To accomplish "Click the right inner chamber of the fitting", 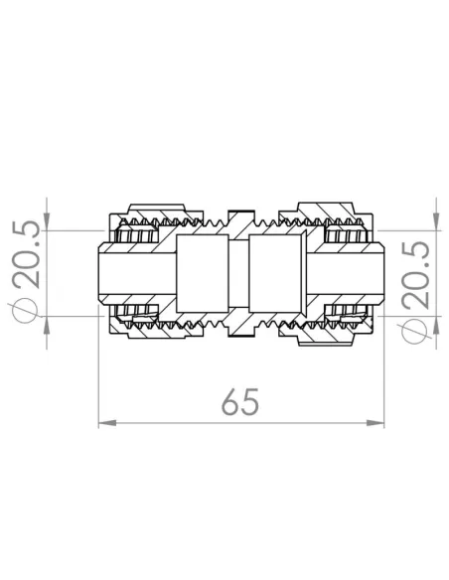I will click(x=276, y=273).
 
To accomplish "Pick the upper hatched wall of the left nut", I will click(x=149, y=216).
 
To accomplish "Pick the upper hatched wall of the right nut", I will click(x=328, y=216).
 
